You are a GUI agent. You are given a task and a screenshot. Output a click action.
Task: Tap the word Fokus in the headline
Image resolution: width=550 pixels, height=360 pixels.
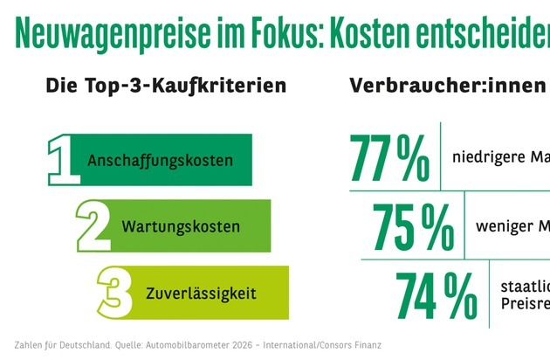(x=278, y=35)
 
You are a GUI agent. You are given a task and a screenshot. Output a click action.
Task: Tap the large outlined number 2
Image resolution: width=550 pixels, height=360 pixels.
(x=93, y=226)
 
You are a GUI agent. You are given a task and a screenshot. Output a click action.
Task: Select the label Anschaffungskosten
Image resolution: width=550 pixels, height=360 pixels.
(x=160, y=161)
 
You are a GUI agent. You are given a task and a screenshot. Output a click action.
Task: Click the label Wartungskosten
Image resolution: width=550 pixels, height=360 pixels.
(x=181, y=227)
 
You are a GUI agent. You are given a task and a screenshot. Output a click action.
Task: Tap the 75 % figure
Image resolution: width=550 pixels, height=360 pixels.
(x=413, y=226)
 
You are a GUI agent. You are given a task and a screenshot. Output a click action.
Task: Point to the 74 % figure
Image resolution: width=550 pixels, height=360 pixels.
(x=435, y=294)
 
